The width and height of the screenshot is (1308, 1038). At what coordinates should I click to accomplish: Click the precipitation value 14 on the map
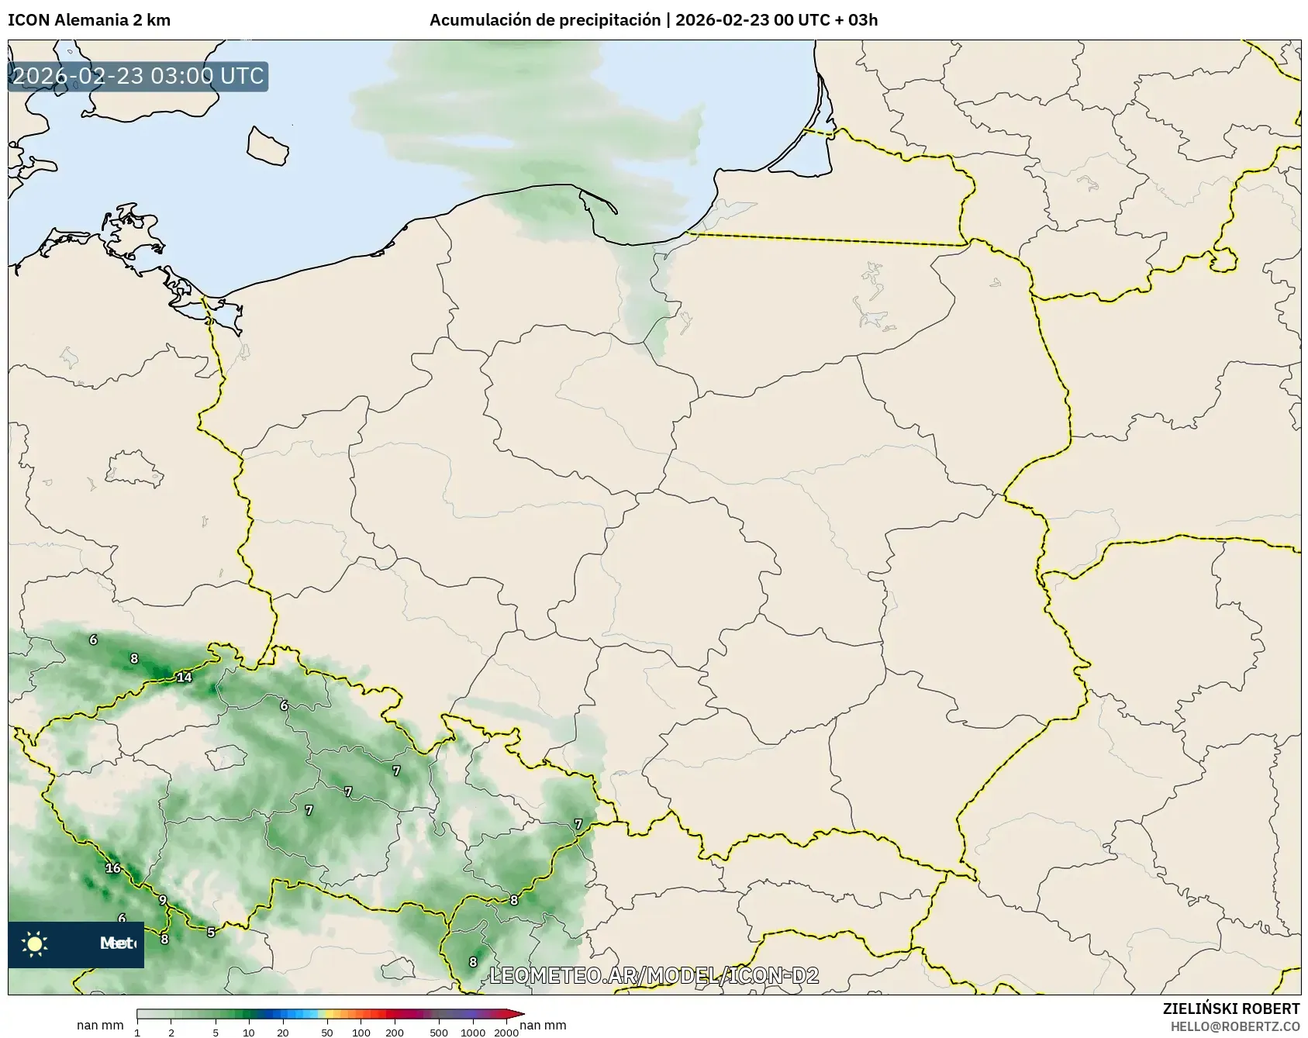(184, 678)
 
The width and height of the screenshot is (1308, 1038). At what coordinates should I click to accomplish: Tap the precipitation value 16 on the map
(113, 868)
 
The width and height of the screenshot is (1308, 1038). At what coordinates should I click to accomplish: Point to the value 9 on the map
(163, 900)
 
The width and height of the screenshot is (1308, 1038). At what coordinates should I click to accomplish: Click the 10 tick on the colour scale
(248, 1032)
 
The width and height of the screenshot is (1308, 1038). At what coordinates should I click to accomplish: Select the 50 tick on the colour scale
(327, 1032)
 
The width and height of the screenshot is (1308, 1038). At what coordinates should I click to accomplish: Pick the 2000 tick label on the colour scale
(506, 1032)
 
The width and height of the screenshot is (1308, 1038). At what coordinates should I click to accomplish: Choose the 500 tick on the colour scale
(439, 1032)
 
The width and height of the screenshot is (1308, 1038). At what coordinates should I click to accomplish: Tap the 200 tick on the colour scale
(395, 1032)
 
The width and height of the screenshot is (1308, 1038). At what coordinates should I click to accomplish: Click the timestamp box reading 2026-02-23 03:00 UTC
(138, 76)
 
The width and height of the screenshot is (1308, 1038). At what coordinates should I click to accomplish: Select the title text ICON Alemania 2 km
(89, 20)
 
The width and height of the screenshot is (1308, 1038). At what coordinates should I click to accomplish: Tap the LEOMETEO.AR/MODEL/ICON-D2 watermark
(654, 975)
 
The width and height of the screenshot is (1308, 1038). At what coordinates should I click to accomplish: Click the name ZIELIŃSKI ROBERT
(1230, 1009)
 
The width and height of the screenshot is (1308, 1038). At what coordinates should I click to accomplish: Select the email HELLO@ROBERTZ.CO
(1234, 1026)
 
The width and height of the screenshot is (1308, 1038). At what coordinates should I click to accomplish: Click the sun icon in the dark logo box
(35, 944)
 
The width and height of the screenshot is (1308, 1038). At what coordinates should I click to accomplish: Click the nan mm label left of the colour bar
(100, 1026)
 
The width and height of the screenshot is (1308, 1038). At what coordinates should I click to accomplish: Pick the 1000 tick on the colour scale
(473, 1032)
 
